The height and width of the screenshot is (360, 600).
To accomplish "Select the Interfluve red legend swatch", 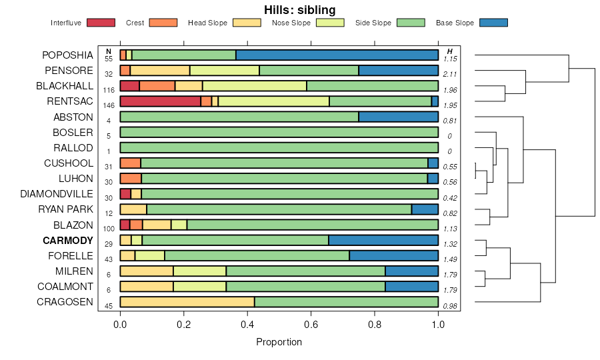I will point(101,23).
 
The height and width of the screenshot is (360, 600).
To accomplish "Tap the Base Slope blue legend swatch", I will point(493,23).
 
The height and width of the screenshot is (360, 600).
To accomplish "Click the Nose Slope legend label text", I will point(291,23).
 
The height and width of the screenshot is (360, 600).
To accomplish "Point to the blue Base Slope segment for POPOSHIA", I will point(337,55).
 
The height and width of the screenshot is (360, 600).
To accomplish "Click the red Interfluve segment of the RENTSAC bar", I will point(160,101).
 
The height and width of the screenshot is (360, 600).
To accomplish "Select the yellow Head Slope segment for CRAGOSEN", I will point(187,302).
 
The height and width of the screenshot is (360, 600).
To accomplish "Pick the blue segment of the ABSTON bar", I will point(398,117).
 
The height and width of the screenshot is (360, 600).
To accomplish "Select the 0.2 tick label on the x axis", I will point(183,325).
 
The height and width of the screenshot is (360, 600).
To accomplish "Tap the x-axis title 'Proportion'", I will point(279,342).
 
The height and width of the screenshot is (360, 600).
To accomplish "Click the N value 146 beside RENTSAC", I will point(109,105).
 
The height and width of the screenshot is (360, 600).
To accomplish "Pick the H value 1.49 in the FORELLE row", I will point(450,259).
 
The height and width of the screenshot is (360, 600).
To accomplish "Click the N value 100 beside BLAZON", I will point(109,229).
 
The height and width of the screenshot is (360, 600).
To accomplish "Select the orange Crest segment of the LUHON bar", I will point(131,179).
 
